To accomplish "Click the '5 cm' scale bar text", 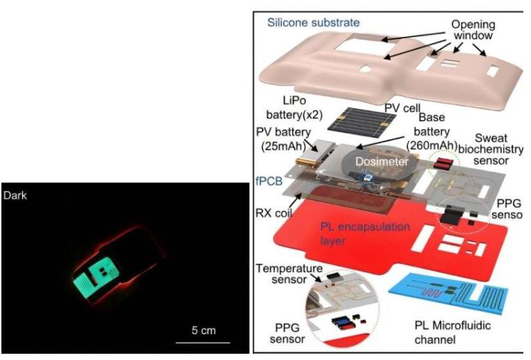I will click(x=203, y=330).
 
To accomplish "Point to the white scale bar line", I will click(x=202, y=342).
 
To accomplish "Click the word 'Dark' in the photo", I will click(x=15, y=196).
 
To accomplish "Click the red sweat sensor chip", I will click(x=443, y=164).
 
